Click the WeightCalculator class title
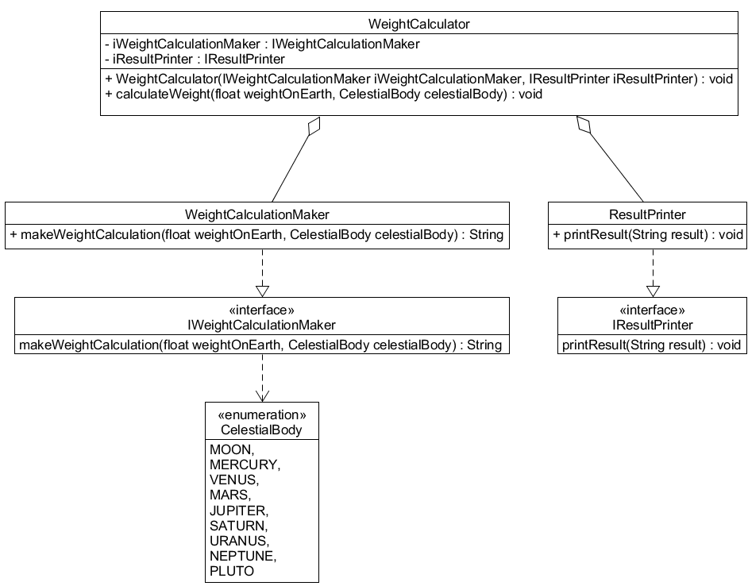[x=419, y=24]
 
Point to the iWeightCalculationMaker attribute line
[x=262, y=44]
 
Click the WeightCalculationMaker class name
[x=256, y=214]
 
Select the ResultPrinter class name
[x=646, y=214]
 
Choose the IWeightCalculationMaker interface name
[x=261, y=325]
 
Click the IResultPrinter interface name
[x=653, y=325]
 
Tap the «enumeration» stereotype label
[x=261, y=415]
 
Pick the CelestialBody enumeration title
[x=261, y=430]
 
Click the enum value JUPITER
[x=238, y=510]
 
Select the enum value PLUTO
[x=232, y=571]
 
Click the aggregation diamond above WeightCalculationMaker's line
[x=313, y=127]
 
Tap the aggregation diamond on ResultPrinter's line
[x=584, y=125]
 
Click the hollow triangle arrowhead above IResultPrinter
[x=653, y=290]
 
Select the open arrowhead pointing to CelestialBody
[x=261, y=395]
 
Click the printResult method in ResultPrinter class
[x=646, y=235]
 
